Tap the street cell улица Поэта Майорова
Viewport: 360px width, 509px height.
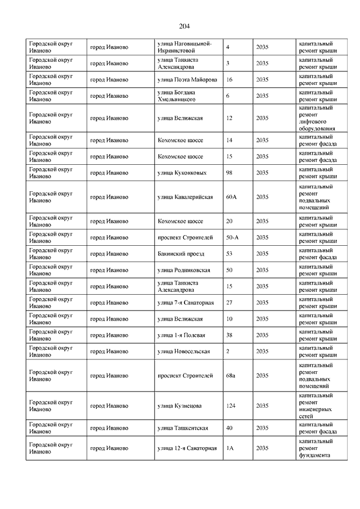[187, 79]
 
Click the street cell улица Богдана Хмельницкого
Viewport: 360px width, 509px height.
[180, 96]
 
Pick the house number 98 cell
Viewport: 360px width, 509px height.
[229, 173]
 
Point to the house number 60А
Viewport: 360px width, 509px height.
[231, 197]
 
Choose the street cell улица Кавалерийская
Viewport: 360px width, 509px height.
[184, 197]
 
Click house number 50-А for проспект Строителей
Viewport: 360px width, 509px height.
[232, 237]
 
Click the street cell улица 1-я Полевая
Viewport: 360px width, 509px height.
[181, 335]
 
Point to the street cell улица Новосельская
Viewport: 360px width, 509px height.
[184, 352]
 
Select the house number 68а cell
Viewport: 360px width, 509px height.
[230, 376]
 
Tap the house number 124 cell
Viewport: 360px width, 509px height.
[230, 406]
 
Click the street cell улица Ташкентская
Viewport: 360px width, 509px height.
[183, 428]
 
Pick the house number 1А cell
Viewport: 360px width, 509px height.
[229, 448]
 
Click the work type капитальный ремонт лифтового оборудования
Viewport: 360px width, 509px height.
[318, 118]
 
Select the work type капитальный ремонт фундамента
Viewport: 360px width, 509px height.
[318, 448]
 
